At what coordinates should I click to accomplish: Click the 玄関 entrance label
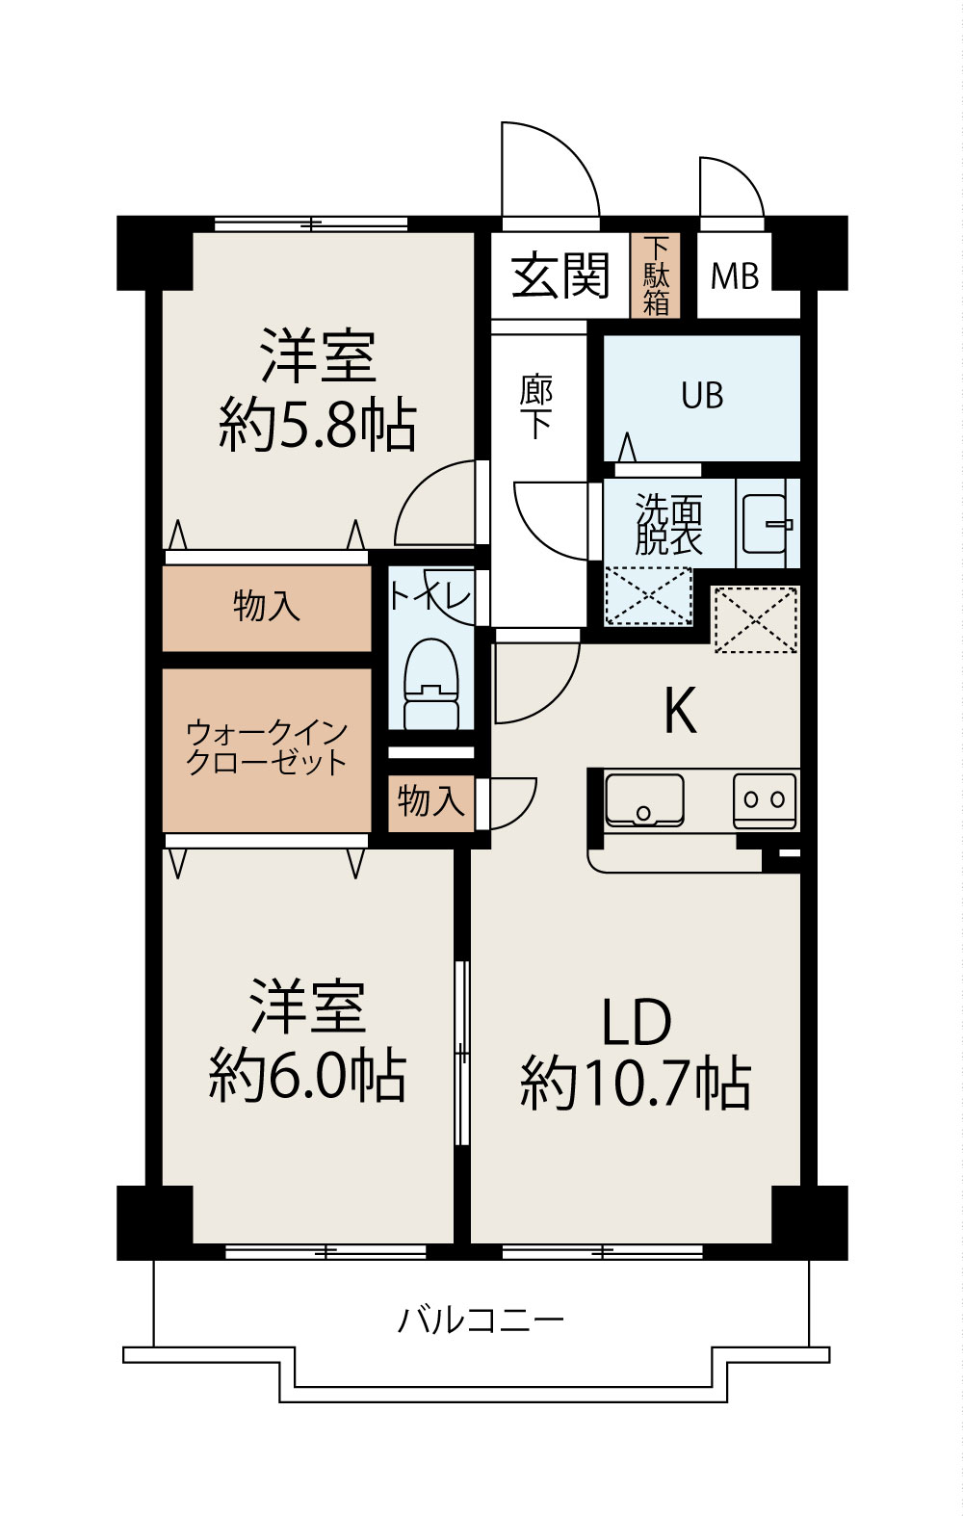(560, 276)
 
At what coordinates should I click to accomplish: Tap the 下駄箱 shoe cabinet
(656, 276)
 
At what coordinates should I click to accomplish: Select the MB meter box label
(735, 277)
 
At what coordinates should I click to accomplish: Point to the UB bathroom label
(702, 396)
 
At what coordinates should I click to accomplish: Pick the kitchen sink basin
(644, 798)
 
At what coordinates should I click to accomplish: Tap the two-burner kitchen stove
(766, 799)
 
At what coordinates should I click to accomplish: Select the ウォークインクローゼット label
(267, 747)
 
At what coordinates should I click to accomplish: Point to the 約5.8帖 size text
(318, 425)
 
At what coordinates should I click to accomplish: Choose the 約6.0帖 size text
(308, 1075)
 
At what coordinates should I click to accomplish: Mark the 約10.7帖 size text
(636, 1084)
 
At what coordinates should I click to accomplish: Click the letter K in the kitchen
(681, 713)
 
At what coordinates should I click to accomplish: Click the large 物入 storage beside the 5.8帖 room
(267, 608)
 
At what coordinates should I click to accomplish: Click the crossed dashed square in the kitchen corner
(756, 619)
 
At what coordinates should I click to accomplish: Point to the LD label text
(636, 1023)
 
